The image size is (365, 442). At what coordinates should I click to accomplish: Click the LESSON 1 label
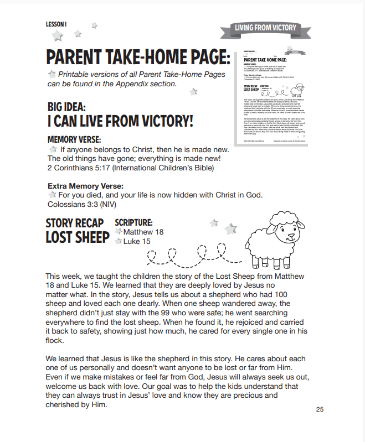tap(56, 24)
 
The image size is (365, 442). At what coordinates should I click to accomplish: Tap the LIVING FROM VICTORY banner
tap(265, 28)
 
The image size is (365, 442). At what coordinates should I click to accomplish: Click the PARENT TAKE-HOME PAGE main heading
tap(137, 57)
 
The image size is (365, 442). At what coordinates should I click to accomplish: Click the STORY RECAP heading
tap(77, 223)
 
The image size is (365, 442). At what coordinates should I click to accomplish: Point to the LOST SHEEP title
tap(77, 237)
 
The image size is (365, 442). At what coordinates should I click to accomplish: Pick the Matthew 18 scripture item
tap(143, 232)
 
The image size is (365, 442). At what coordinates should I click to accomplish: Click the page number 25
tap(320, 409)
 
